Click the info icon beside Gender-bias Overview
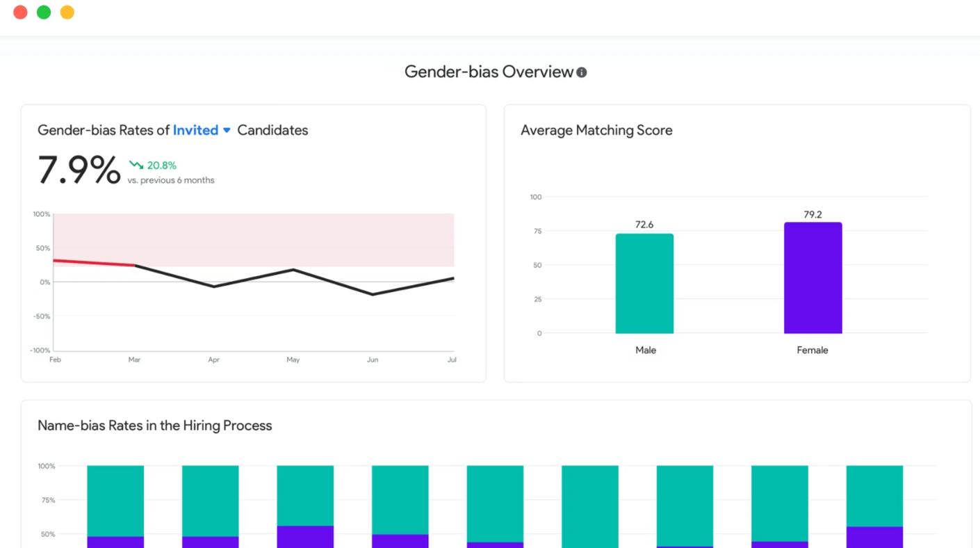point(582,72)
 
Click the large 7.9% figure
point(79,170)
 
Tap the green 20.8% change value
point(161,166)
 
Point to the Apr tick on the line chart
point(214,360)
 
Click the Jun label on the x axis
point(373,360)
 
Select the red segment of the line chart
point(94,263)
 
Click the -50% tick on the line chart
point(41,316)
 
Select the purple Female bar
point(812,278)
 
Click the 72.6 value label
point(644,225)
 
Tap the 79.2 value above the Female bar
point(812,215)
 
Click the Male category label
point(646,350)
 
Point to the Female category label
point(812,350)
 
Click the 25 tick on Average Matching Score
point(537,300)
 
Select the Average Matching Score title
point(596,130)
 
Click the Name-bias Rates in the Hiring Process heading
point(154,426)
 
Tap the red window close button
point(20,13)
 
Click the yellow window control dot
point(67,13)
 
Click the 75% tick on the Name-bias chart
point(47,501)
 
